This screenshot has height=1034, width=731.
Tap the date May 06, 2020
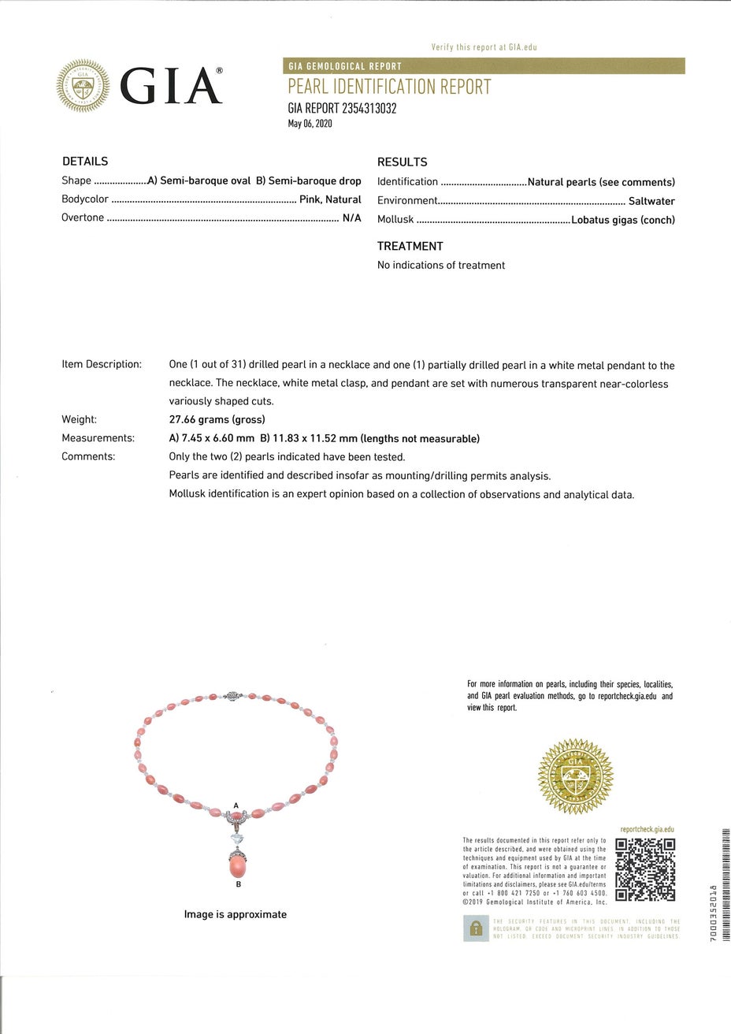310,125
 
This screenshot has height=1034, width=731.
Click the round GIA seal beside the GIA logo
83,86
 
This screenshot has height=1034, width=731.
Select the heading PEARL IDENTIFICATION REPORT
389,87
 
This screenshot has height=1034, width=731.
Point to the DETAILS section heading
85,162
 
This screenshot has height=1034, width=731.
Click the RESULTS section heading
402,162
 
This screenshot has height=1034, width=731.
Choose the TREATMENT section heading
410,246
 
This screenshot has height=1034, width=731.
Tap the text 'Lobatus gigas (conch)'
623,221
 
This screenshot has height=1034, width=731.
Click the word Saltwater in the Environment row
651,201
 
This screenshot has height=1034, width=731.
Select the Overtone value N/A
351,218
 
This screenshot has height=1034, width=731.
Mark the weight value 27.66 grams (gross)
217,419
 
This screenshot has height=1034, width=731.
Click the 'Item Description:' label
102,365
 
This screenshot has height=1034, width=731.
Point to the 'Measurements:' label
98,438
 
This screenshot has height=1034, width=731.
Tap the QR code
645,869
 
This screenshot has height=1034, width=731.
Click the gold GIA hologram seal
575,776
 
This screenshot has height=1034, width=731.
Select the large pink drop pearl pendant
239,865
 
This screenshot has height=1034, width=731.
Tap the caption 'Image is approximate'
236,914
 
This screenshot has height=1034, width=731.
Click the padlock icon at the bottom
475,928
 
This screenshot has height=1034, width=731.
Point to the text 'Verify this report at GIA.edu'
484,48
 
